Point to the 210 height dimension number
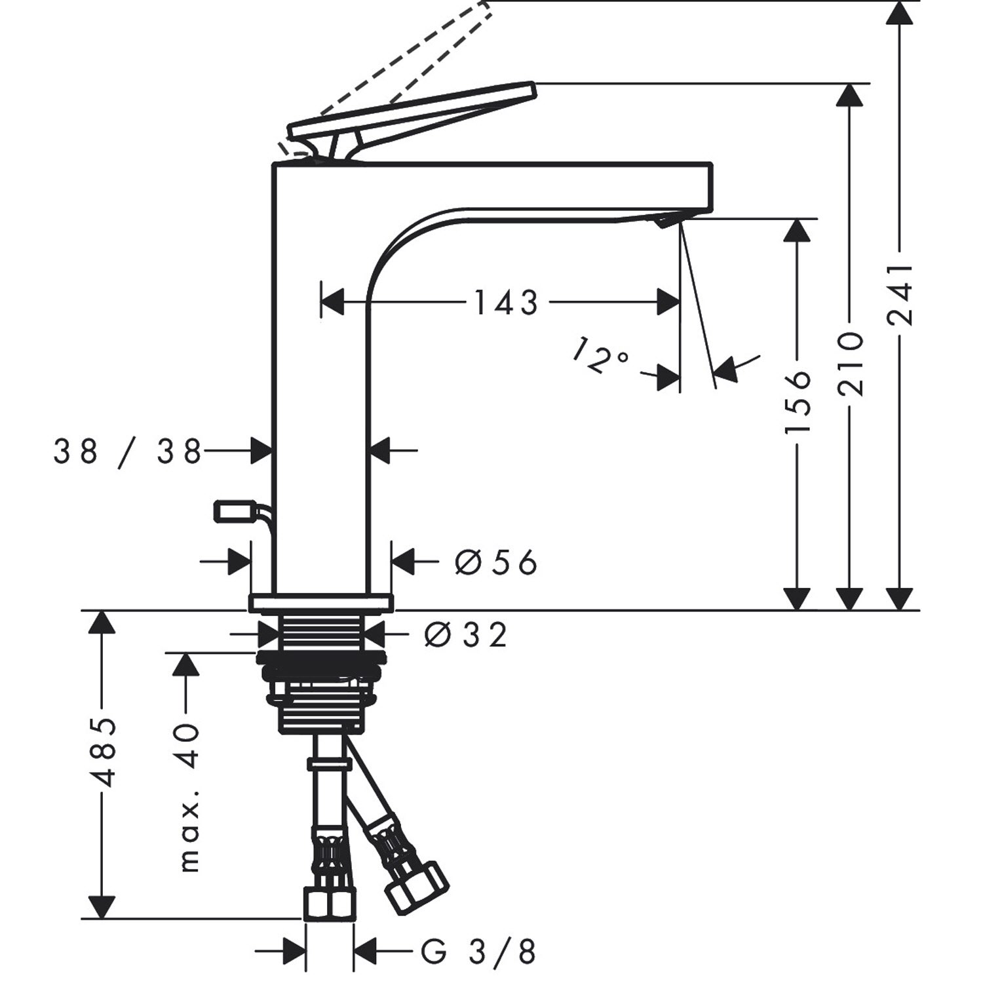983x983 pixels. pos(851,364)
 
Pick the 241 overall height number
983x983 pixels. pos(900,294)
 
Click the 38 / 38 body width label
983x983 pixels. pos(128,452)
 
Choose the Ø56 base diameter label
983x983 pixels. pos(496,562)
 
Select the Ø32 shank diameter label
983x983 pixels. pos(465,634)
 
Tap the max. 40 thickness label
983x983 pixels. pos(189,798)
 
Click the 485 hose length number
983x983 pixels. pos(104,752)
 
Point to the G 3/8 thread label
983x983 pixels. pos(479,952)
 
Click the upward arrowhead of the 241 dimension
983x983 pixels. pos(900,12)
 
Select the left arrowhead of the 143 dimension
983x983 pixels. pos(332,302)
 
